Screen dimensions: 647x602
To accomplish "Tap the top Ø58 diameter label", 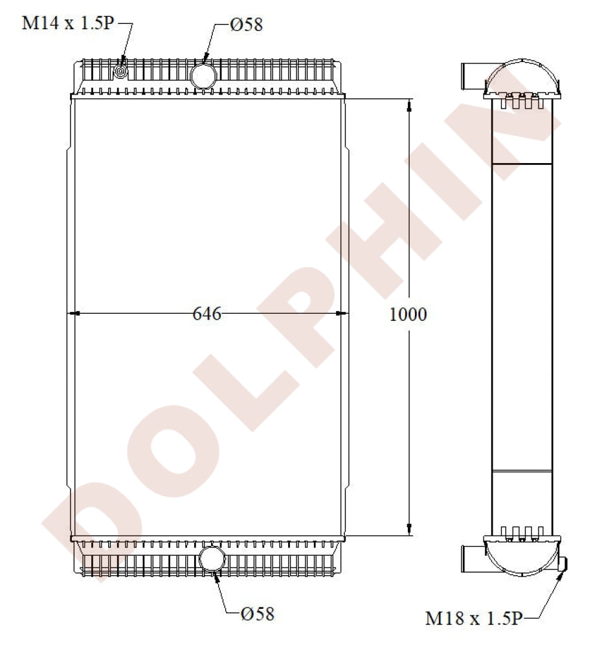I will point(246,25).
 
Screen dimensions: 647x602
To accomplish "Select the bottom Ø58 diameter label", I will point(257,613).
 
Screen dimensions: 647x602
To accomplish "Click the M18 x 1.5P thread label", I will point(473,619).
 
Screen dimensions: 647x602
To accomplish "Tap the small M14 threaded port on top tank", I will point(120,72).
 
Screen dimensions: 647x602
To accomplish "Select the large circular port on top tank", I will point(203,75).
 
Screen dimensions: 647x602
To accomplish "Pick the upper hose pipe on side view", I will point(473,74).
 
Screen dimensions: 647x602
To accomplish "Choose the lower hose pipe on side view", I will point(473,556).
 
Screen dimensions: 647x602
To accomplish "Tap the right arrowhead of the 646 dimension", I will point(341,314).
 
